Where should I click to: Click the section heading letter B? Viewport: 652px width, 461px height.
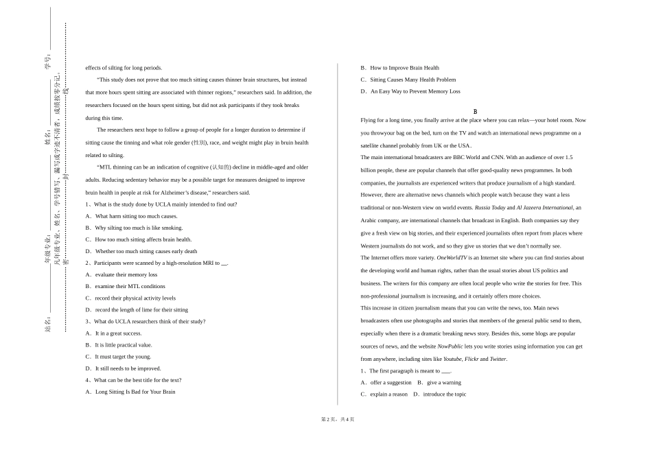[x=474, y=111]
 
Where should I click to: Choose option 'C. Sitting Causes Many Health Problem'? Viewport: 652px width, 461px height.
[x=408, y=80]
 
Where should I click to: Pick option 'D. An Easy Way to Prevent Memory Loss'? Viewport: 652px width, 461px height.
[x=410, y=91]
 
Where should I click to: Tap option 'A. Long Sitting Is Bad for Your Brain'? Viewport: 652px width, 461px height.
[x=130, y=392]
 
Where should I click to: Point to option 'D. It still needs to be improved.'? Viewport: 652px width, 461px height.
[x=123, y=368]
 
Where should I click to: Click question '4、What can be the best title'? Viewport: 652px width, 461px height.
[x=133, y=380]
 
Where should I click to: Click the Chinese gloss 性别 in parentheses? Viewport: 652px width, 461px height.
[x=199, y=143]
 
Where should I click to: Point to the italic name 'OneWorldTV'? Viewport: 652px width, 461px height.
[x=452, y=258]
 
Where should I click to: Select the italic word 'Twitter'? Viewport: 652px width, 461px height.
[x=498, y=359]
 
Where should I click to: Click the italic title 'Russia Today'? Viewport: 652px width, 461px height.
[x=490, y=207]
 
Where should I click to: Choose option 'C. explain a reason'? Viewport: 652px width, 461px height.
[x=384, y=394]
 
